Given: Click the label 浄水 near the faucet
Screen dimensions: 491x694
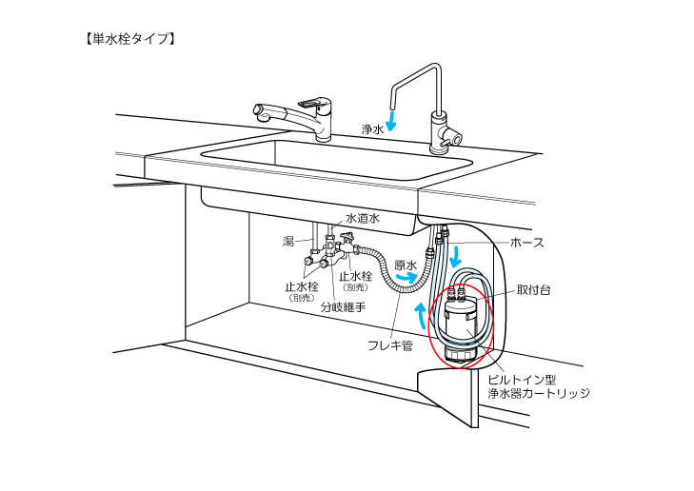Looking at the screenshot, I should (x=372, y=128).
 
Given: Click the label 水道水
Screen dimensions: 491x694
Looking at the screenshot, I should (x=362, y=218).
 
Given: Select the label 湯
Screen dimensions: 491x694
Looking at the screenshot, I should (x=288, y=242).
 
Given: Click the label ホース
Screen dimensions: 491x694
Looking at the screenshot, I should (x=527, y=243).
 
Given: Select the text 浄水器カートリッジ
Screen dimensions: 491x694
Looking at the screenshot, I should (x=546, y=392).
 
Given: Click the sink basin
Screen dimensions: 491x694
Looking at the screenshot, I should (x=333, y=157).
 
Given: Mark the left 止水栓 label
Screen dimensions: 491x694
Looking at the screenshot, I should (x=304, y=285).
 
